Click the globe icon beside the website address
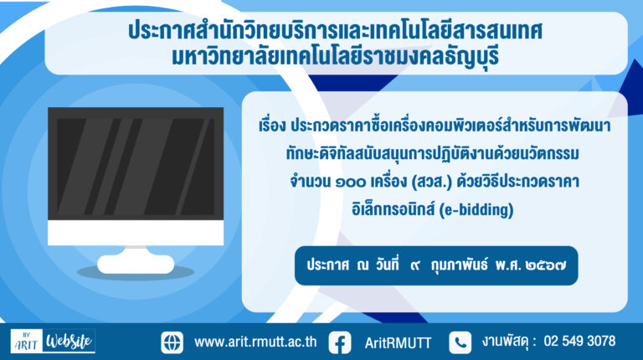click(x=172, y=342)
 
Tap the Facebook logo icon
click(x=340, y=342)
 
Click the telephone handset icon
click(x=460, y=342)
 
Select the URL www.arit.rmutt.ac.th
click(x=255, y=342)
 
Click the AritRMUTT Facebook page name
click(x=398, y=342)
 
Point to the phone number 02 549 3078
click(x=579, y=341)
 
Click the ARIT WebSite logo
click(x=53, y=341)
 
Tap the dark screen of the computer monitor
click(x=136, y=164)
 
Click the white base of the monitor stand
click(x=136, y=264)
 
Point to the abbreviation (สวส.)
click(x=431, y=182)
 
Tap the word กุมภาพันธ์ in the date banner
click(x=459, y=265)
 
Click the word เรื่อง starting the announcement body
click(x=272, y=126)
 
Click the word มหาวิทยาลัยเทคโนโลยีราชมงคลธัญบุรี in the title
click(x=336, y=57)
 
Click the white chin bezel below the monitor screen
click(x=136, y=233)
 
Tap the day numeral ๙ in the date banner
click(x=415, y=266)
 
